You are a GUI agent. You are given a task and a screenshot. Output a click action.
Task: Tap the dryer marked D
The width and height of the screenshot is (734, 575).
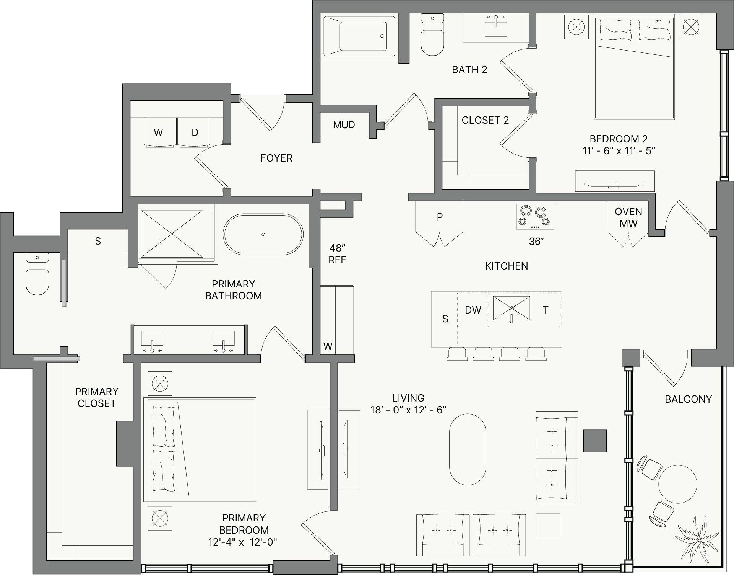click(194, 132)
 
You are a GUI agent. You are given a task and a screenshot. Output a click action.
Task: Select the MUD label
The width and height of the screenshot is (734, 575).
click(344, 125)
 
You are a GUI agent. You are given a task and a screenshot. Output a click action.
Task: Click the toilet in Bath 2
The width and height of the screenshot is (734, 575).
click(432, 35)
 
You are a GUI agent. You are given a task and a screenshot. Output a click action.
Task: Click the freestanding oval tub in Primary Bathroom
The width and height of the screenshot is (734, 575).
click(263, 234)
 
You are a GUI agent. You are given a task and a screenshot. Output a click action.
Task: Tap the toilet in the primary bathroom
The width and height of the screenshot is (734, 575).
click(37, 274)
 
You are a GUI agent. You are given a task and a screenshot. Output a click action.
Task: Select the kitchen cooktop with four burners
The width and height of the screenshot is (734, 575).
click(535, 217)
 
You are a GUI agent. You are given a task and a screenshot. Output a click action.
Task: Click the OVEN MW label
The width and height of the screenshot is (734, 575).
click(628, 217)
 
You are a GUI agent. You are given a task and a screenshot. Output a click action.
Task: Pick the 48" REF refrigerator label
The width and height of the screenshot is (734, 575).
click(337, 254)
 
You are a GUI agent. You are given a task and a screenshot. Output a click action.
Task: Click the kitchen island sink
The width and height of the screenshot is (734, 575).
click(512, 309)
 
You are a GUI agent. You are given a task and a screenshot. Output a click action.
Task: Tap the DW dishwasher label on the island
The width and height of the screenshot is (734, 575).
click(473, 310)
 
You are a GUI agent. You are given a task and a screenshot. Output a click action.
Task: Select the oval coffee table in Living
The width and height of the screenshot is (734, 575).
click(468, 449)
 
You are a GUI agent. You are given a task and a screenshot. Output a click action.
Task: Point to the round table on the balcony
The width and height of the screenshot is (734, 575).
click(678, 484)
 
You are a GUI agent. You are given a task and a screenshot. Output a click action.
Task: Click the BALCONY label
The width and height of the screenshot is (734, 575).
click(688, 399)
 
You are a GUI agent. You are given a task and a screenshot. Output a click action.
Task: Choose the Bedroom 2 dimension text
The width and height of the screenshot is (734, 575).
click(619, 151)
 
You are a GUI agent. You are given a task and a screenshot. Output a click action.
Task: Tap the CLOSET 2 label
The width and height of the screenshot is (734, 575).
click(485, 120)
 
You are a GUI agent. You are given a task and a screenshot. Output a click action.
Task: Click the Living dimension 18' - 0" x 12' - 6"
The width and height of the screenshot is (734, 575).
click(408, 410)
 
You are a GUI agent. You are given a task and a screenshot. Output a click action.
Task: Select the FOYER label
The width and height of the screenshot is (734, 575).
click(276, 158)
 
